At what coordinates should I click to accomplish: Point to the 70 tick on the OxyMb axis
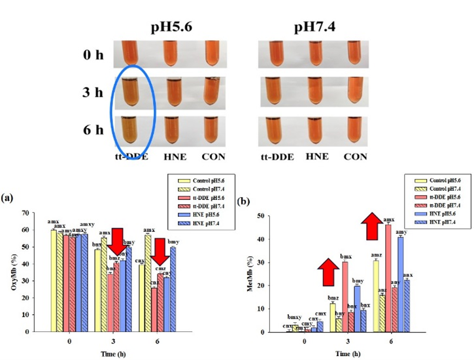[26, 213]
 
